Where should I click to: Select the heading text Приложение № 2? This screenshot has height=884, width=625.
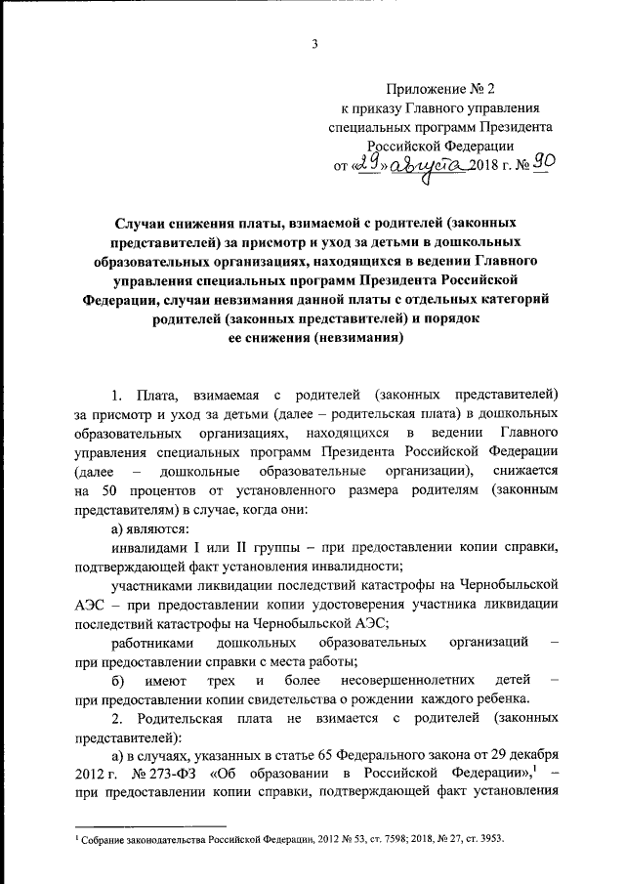point(445,87)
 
